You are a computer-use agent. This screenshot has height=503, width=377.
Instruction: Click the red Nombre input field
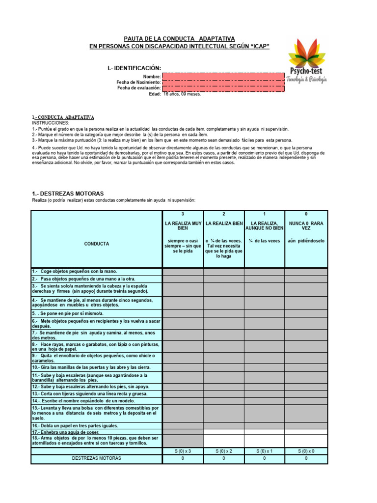pyautogui.click(x=223, y=77)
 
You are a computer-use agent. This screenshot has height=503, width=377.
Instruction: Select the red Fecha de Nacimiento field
pyautogui.click(x=223, y=82)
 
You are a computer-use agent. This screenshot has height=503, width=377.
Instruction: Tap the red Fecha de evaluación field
pyautogui.click(x=223, y=88)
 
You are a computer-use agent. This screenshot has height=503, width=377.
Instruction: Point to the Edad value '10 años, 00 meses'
pyautogui.click(x=182, y=94)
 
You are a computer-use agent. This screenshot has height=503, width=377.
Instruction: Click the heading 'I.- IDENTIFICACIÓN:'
pyautogui.click(x=134, y=68)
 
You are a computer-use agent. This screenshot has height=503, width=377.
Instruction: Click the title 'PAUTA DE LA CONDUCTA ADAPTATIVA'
pyautogui.click(x=179, y=38)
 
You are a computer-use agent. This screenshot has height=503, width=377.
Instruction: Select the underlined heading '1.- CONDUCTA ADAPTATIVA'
pyautogui.click(x=63, y=117)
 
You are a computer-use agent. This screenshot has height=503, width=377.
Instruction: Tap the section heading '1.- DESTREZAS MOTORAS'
pyautogui.click(x=68, y=194)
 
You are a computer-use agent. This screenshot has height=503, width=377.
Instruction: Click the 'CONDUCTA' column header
pyautogui.click(x=96, y=244)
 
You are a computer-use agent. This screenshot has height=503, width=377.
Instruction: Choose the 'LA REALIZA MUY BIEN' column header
pyautogui.click(x=183, y=226)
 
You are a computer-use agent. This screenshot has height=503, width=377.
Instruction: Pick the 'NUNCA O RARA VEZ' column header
pyautogui.click(x=306, y=226)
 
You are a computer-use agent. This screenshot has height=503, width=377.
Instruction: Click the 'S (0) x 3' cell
pyautogui.click(x=183, y=451)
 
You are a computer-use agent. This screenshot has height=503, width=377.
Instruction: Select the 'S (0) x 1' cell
pyautogui.click(x=264, y=451)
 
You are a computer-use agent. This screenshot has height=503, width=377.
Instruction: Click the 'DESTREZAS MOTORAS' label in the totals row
pyautogui.click(x=96, y=458)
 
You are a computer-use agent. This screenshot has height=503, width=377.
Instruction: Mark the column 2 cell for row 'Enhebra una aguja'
pyautogui.click(x=223, y=432)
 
